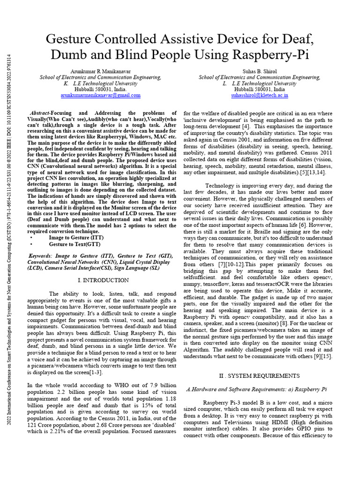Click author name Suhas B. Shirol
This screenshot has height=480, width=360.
pyautogui.click(x=259, y=71)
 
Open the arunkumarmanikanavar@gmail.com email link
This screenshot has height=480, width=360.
pyautogui.click(x=100, y=95)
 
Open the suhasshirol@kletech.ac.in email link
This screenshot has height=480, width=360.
pyautogui.click(x=259, y=95)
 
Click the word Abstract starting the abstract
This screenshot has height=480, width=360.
pyautogui.click(x=39, y=113)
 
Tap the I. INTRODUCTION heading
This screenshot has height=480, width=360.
pyautogui.click(x=103, y=280)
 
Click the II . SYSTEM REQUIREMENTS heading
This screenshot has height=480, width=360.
pyautogui.click(x=259, y=375)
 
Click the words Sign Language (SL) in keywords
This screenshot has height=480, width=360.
pyautogui.click(x=135, y=269)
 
